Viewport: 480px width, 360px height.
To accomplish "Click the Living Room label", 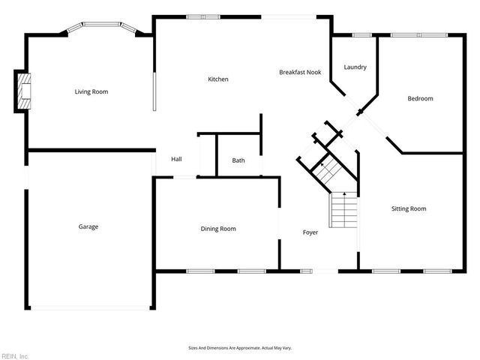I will pos(91,91).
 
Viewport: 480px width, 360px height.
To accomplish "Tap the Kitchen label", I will pos(218,79).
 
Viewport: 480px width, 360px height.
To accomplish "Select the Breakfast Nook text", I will pos(300,72).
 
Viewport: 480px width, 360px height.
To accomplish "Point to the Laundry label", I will pos(355,67).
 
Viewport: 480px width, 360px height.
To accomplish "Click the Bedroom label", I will pos(420,98).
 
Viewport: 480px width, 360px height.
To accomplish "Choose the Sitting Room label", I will pos(409,208).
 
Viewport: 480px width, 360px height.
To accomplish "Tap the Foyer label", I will pos(310,232).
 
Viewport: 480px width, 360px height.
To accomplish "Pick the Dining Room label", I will pos(217,229).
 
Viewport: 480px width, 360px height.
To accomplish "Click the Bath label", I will pos(238,160).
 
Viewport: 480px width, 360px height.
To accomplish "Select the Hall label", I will pos(176,159).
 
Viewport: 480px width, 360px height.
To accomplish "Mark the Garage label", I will pos(88,226).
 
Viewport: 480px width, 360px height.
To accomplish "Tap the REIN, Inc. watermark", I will pos(15,355).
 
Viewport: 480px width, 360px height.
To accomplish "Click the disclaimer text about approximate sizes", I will pos(239,348).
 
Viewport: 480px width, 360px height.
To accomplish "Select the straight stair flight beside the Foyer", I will pos(343,210).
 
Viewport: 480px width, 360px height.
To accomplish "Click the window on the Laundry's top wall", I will pos(361,34).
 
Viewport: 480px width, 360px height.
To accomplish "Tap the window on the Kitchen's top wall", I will pos(203,16).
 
